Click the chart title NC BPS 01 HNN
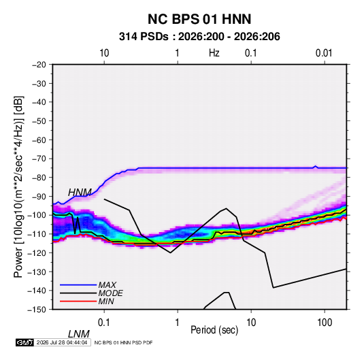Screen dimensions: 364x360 click(199, 19)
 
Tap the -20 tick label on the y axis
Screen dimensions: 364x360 click(39, 65)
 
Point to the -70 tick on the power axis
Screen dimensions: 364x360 click(39, 159)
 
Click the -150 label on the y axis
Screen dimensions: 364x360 click(37, 310)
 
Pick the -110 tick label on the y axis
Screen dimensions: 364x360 click(37, 234)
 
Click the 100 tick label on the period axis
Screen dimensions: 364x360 click(325, 323)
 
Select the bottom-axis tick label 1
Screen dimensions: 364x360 click(178, 323)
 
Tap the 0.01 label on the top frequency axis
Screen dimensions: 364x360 click(324, 53)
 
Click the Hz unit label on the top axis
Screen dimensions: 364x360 click(214, 53)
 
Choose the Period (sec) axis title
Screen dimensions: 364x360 click(214, 330)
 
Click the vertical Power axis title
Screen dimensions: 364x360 click(18, 186)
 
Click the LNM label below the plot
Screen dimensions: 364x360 click(78, 334)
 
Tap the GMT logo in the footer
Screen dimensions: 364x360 click(25, 342)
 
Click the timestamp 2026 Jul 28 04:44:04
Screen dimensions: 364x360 click(62, 342)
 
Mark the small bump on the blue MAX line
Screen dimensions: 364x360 click(316, 166)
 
